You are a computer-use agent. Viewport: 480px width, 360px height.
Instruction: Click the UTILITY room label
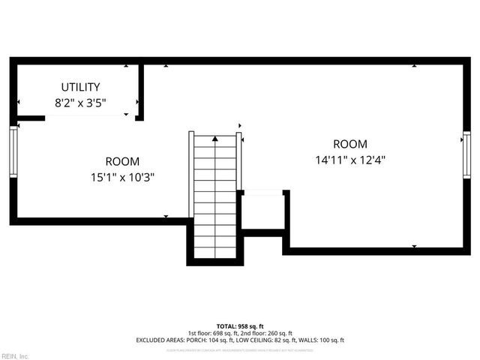point(80,88)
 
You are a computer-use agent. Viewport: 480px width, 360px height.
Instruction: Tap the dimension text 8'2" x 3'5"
point(80,103)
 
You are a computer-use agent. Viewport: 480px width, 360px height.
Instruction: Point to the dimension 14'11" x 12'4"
point(350,160)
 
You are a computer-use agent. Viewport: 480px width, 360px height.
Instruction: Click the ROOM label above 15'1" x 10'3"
point(122,161)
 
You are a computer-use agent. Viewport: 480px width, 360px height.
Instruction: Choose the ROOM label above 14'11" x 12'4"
point(350,144)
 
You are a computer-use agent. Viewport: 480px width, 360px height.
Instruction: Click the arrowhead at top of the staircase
point(215,139)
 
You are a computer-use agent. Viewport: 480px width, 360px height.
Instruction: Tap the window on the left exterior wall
point(13,151)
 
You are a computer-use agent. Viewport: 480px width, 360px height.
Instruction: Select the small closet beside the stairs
point(263,210)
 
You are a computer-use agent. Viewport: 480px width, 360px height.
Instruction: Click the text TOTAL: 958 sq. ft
point(239,326)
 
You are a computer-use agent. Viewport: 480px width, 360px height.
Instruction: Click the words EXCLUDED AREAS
point(160,340)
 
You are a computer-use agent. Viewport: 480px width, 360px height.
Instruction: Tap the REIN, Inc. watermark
point(16,355)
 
